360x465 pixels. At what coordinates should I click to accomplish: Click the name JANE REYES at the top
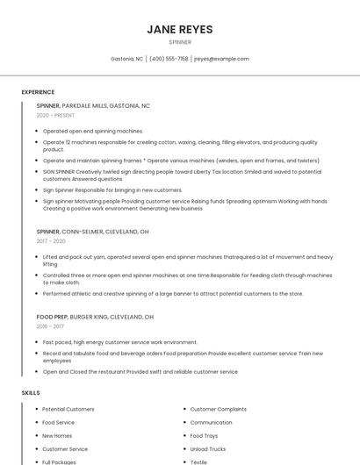(179, 29)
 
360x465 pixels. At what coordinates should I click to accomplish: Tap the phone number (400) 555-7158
(169, 59)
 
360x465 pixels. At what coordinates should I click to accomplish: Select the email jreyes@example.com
(221, 59)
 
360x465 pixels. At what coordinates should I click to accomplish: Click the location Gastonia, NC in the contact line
(127, 59)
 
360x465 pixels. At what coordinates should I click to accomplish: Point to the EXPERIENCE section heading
(38, 92)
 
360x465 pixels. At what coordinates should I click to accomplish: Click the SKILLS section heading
(31, 393)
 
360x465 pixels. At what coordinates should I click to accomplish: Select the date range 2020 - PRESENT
(55, 115)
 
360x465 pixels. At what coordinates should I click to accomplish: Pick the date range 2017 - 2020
(51, 240)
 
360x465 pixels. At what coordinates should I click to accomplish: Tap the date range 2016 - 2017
(50, 326)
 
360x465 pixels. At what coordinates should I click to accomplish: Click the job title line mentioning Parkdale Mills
(93, 105)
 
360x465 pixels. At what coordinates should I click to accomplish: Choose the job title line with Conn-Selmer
(92, 232)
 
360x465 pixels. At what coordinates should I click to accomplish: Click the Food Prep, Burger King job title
(95, 317)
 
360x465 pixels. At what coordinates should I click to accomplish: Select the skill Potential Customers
(68, 409)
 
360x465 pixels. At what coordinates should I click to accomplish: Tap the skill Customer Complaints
(218, 409)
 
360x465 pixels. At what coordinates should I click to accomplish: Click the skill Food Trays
(204, 435)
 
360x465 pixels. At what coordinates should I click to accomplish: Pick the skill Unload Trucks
(207, 448)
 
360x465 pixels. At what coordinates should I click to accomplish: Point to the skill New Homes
(57, 435)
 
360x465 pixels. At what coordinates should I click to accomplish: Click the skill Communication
(211, 422)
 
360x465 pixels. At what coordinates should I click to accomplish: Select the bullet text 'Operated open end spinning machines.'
(93, 131)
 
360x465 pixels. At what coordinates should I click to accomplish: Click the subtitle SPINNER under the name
(179, 42)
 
